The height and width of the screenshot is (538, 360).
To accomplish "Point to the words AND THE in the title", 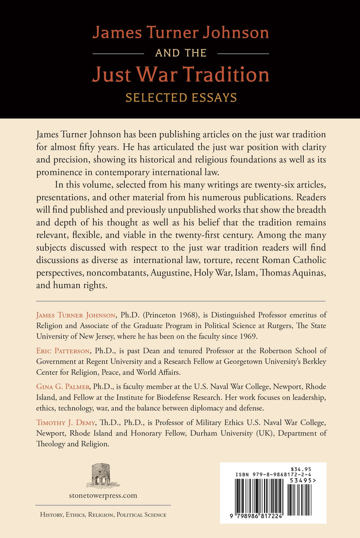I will (x=180, y=53).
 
